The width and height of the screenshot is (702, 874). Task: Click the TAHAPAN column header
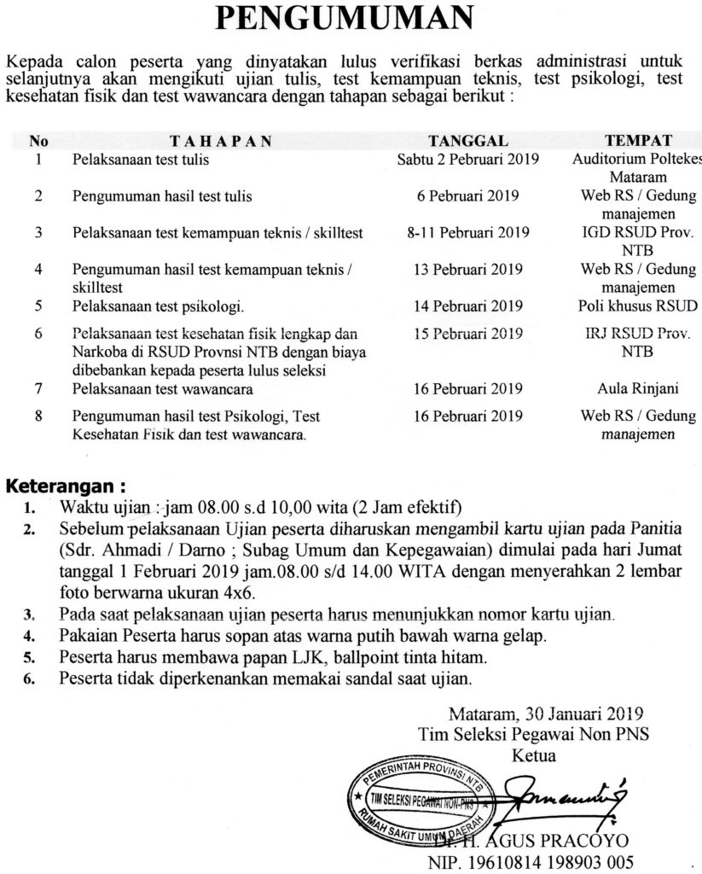click(221, 141)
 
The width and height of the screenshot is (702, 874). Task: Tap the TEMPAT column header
click(638, 141)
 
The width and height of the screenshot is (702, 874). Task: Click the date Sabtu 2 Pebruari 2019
click(468, 160)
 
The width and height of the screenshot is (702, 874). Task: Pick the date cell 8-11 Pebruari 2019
click(468, 232)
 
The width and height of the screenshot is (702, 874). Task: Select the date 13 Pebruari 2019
click(468, 269)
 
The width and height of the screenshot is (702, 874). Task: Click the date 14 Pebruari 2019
click(468, 305)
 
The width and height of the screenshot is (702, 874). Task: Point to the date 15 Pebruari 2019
click(468, 333)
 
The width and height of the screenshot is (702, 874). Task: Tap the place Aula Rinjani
click(638, 389)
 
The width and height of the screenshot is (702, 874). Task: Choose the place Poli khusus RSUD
click(638, 305)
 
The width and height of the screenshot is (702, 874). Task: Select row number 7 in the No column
click(39, 389)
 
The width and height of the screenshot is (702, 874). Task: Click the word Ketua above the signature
click(532, 755)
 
